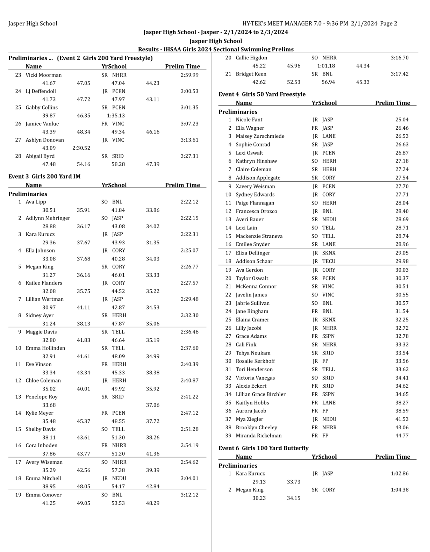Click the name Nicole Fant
(249, 120)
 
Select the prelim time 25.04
(402, 120)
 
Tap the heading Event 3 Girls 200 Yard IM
(44, 177)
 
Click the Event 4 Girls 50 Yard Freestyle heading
(262, 94)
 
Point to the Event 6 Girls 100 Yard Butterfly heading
(263, 448)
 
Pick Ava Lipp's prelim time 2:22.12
(189, 202)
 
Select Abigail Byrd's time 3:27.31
(189, 156)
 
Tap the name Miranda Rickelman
(258, 436)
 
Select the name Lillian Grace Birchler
(260, 394)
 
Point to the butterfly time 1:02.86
(400, 474)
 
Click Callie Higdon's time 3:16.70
(400, 58)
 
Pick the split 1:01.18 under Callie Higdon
(326, 66)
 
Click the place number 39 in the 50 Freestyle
(228, 436)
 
